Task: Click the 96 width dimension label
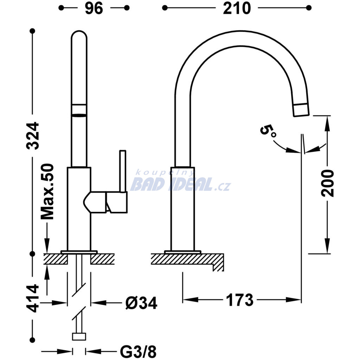[x=94, y=8]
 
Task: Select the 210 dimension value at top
[x=237, y=8]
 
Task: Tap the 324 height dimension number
[x=33, y=136]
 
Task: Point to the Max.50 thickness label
[x=47, y=192]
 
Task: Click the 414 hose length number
[x=33, y=298]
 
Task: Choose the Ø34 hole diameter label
[x=141, y=303]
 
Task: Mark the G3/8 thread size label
[x=138, y=351]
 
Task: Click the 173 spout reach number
[x=240, y=300]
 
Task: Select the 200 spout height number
[x=327, y=183]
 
